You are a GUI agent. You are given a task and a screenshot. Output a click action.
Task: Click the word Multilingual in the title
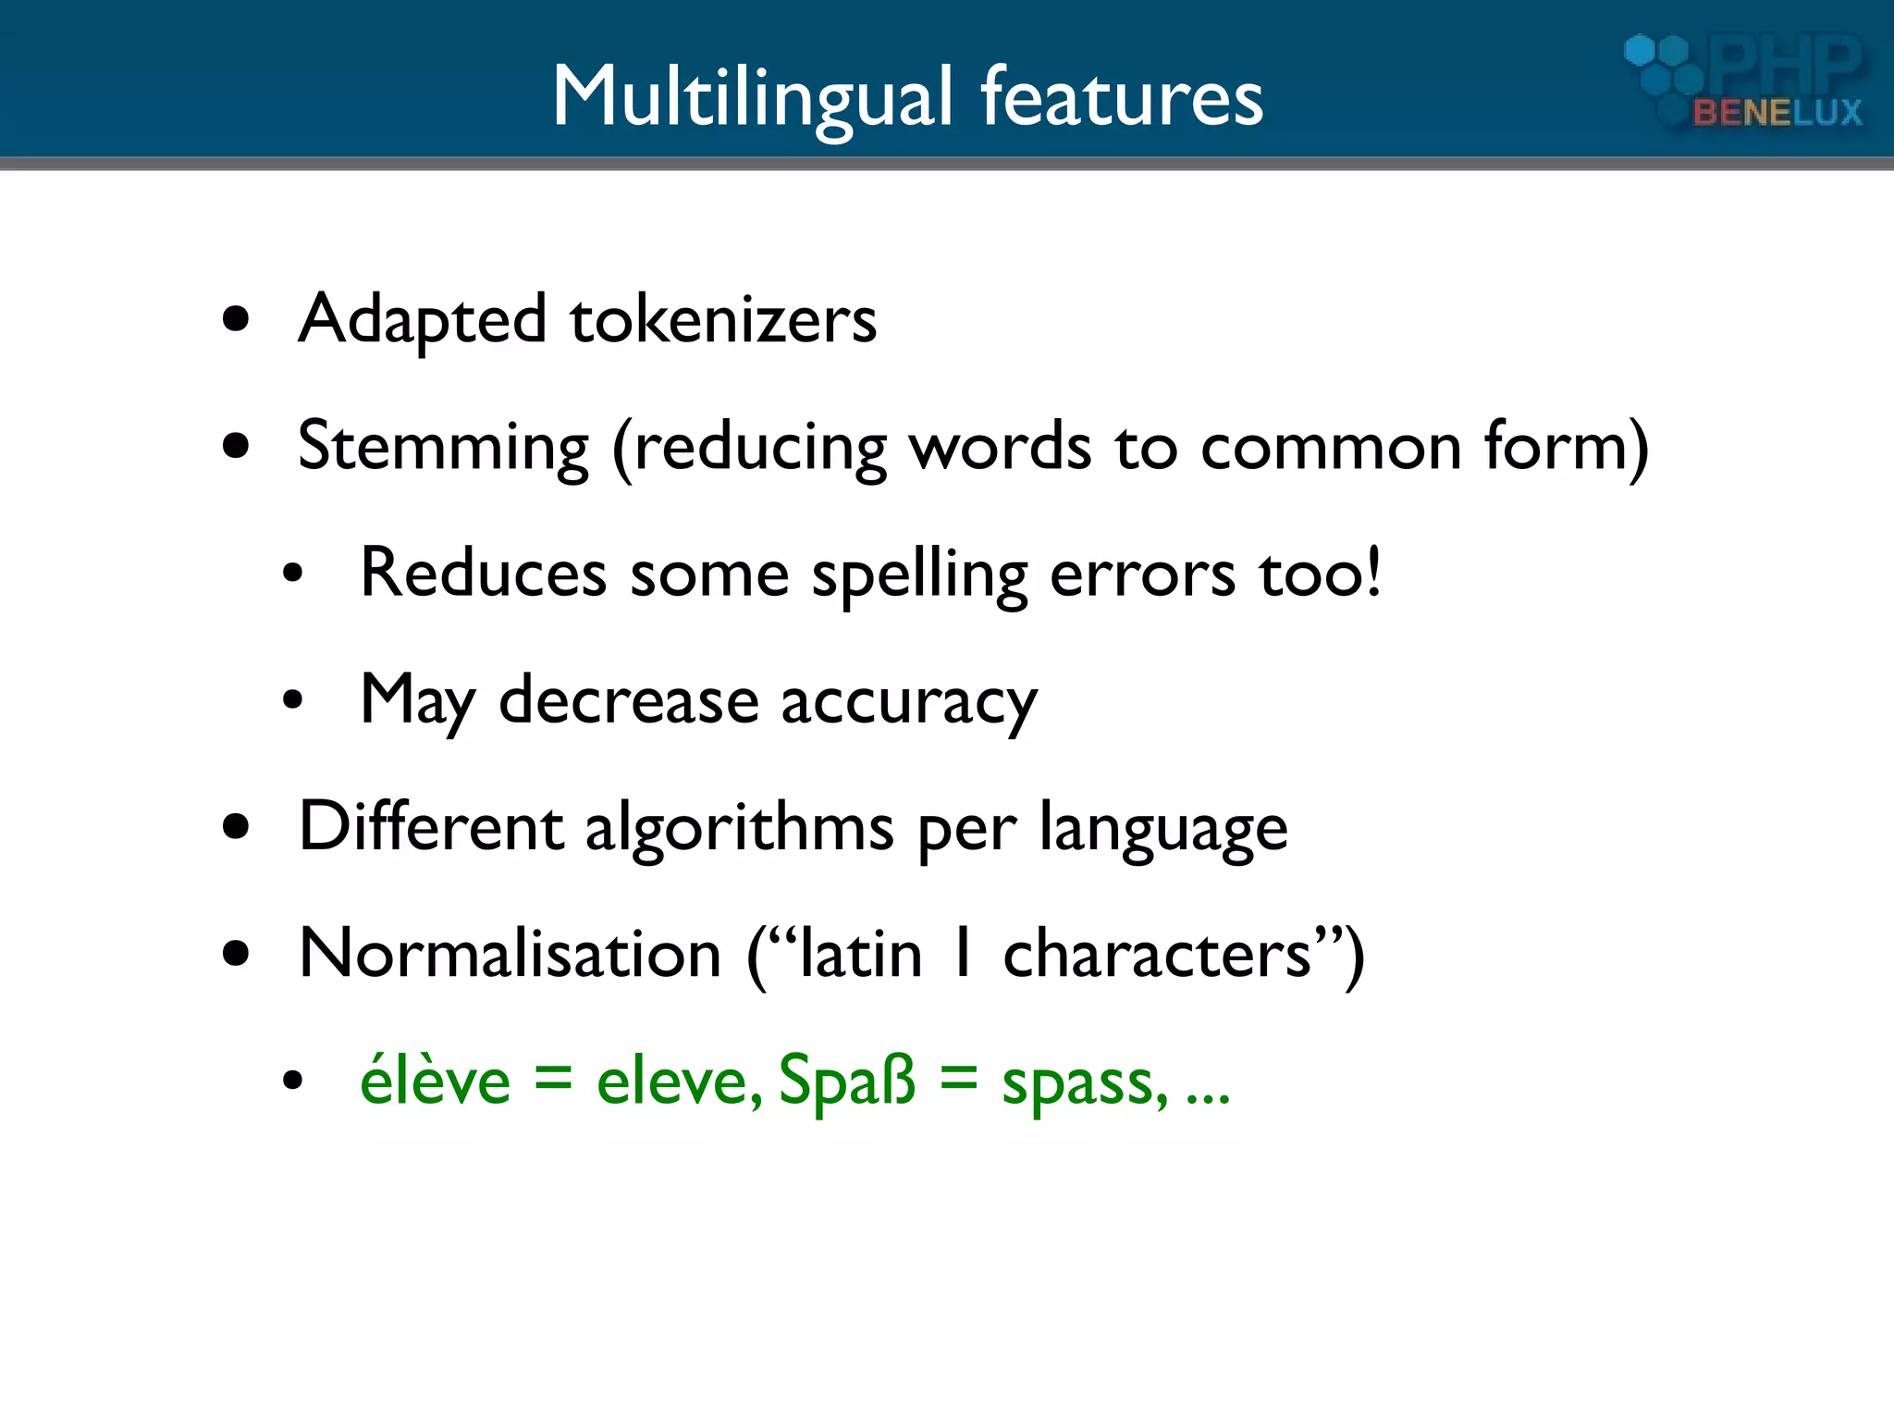point(752,98)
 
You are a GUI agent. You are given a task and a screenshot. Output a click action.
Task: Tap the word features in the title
point(1121,98)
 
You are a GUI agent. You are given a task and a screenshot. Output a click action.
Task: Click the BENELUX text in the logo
point(1777,113)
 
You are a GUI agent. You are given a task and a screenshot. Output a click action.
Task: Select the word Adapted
point(423,320)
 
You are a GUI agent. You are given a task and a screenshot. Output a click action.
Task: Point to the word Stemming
point(443,448)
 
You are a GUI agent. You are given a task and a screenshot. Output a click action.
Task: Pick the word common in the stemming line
point(1332,448)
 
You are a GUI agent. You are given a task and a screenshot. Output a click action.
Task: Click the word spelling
point(919,575)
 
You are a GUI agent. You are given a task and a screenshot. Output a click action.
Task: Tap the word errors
point(1142,575)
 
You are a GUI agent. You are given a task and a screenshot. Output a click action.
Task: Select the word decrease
point(629,701)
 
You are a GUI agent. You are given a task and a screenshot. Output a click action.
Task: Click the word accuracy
point(909,703)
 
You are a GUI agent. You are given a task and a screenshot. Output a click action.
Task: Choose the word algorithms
point(740,827)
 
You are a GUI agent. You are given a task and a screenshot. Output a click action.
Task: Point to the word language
point(1163,829)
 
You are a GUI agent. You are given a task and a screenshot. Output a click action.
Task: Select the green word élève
point(436,1081)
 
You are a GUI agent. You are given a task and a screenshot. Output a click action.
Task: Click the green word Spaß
point(846,1081)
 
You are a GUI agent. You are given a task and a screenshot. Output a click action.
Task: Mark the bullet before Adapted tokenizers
point(237,320)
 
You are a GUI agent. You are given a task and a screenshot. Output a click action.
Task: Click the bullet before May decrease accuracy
point(292,701)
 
